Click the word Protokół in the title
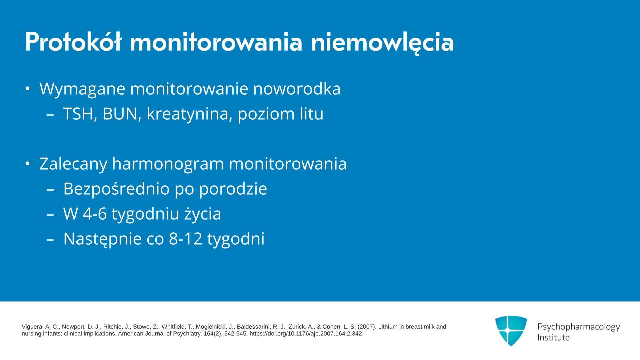pos(73,42)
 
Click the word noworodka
pos(297,89)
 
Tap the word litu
pos(311,114)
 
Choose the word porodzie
pos(233,189)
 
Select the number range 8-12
pos(186,239)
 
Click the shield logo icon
pos(511,331)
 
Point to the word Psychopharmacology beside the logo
pos(579,327)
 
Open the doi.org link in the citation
pos(306,334)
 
